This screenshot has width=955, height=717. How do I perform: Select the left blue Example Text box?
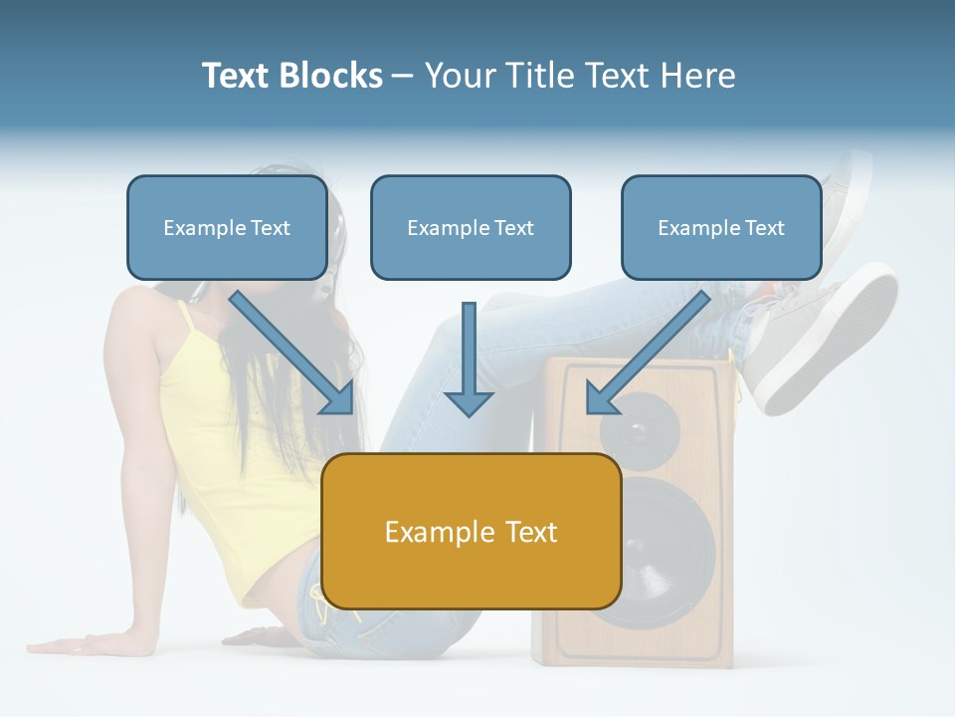227,228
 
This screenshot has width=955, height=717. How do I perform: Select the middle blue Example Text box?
471,228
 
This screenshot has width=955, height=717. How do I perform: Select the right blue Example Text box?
721,228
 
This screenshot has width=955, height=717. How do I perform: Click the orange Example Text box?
472,531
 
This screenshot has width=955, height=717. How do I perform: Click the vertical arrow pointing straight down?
469,358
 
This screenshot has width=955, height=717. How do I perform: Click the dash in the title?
403,77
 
